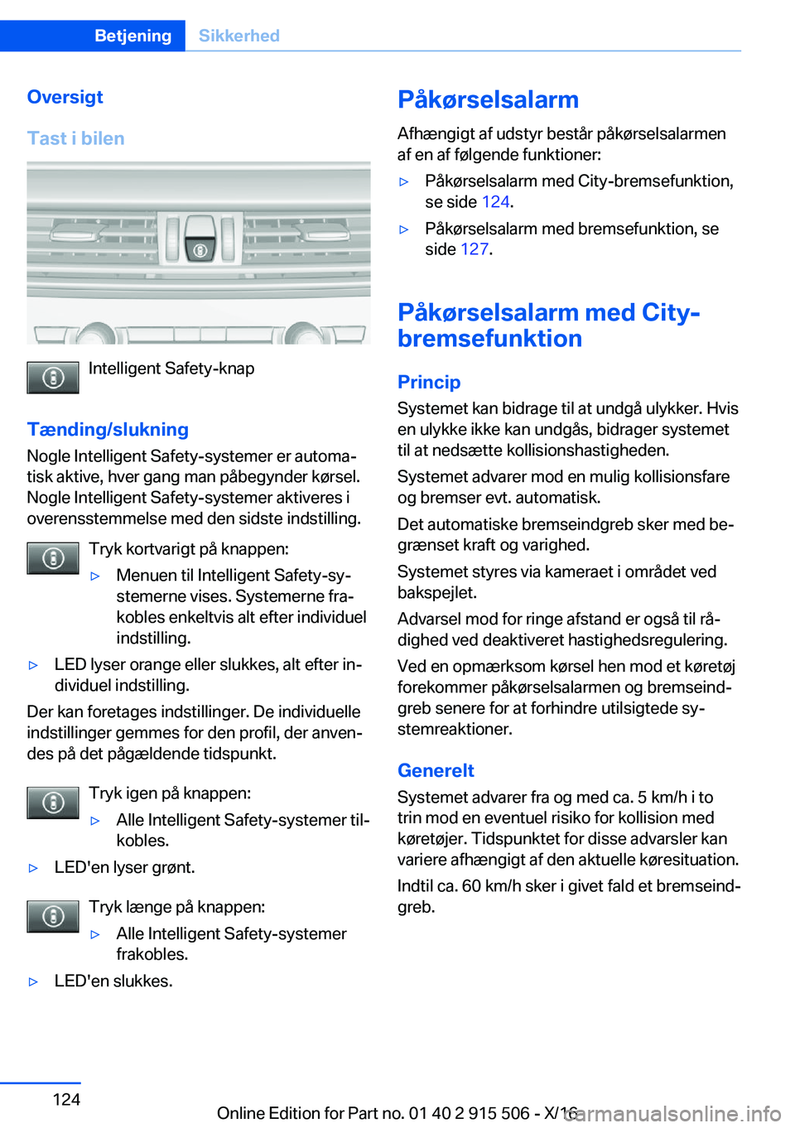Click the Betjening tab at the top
tap(132, 36)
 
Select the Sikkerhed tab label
tap(238, 36)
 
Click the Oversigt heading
tap(65, 97)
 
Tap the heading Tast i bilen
tap(75, 138)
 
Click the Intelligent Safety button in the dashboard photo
tap(200, 248)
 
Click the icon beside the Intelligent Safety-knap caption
tap(53, 378)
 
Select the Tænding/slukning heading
tap(108, 429)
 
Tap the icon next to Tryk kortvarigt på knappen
tap(53, 558)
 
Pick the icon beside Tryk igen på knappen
tap(53, 803)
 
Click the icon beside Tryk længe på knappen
tap(53, 916)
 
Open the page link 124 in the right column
tap(495, 202)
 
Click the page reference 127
tap(475, 249)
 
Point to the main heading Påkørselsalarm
tap(488, 99)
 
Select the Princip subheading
tap(428, 382)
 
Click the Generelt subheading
tap(436, 770)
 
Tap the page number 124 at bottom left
tap(66, 1099)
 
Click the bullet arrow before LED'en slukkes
tap(34, 981)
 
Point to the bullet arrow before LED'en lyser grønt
tap(34, 868)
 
